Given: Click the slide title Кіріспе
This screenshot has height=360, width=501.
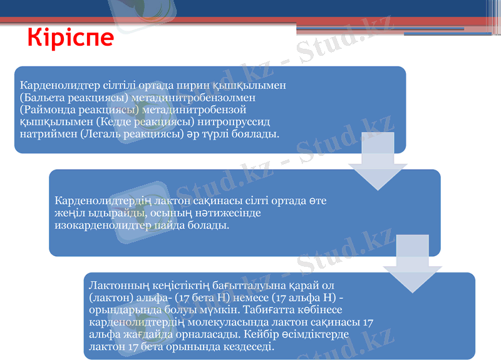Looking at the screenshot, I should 71,37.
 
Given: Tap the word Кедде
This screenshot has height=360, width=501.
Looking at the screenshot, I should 114,122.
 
